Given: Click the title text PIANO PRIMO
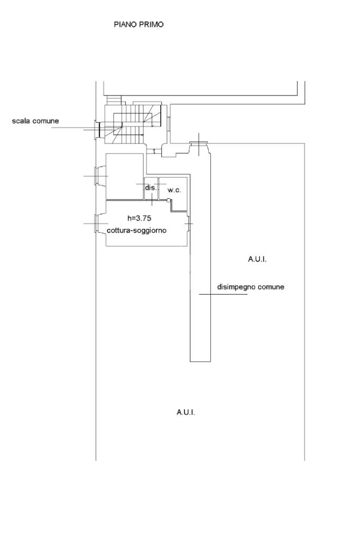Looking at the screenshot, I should (139, 24).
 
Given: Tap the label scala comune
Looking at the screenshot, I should (35, 121).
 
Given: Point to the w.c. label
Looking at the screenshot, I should (174, 190).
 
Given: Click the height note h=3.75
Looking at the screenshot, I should (139, 218).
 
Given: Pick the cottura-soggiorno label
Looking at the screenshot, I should (137, 230).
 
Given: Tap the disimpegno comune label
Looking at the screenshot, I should (251, 287).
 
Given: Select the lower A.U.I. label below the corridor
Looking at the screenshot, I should (186, 412).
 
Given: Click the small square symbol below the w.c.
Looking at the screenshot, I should (169, 200).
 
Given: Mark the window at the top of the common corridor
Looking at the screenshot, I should (199, 143).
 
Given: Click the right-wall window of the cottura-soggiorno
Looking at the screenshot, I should (189, 224).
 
